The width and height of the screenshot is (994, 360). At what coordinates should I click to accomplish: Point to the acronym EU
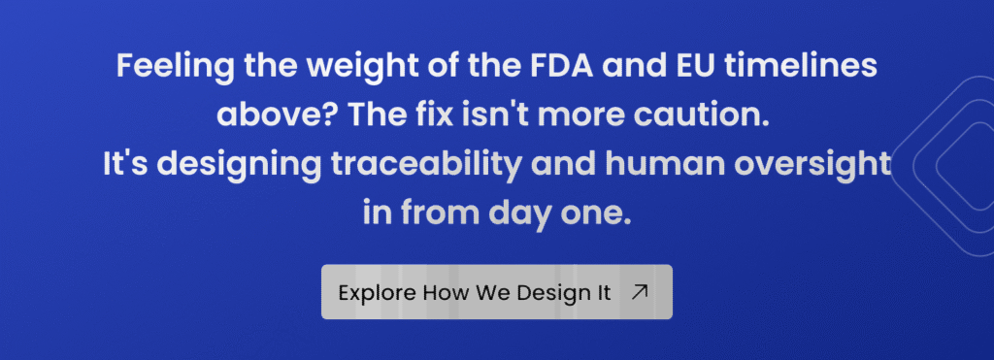coord(641,66)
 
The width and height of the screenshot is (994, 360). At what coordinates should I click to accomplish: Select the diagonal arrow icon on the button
coord(641,291)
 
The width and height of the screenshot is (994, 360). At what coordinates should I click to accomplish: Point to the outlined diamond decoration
coord(900,166)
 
